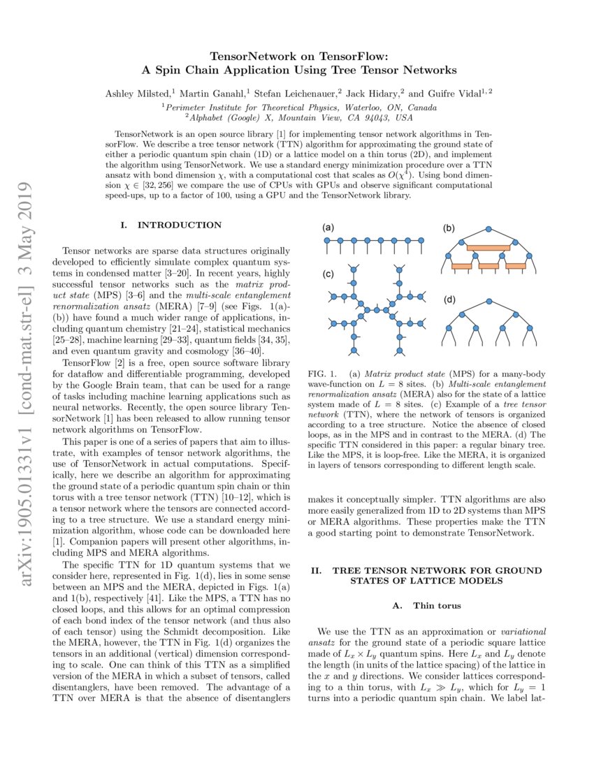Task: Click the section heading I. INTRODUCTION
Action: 171,226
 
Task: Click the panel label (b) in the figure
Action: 448,228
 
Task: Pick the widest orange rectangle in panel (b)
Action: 489,247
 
